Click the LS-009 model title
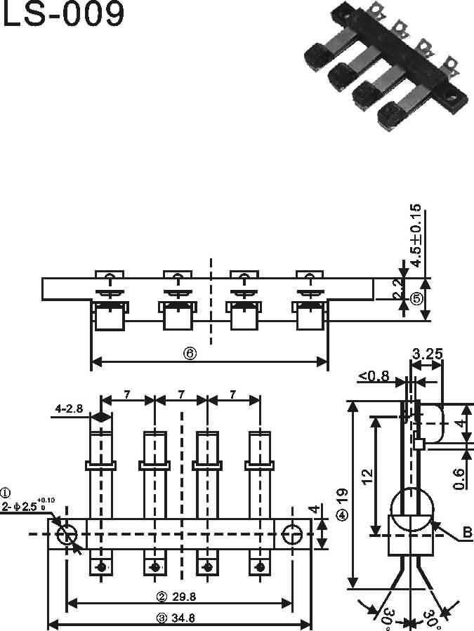64,13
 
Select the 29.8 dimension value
184,597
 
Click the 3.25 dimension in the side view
427,354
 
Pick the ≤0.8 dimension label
374,376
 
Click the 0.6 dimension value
460,479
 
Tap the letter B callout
467,533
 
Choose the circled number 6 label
190,353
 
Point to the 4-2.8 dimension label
69,409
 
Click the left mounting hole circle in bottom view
67,534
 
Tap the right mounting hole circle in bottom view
292,534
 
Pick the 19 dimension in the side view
343,496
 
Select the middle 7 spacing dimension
181,394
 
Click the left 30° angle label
388,618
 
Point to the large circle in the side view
412,510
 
